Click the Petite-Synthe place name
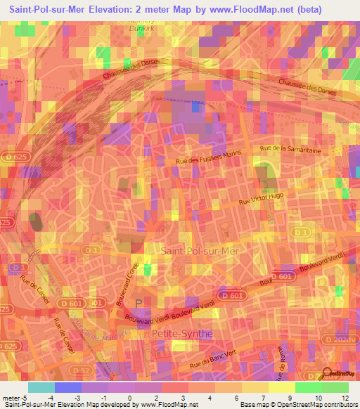click(x=181, y=334)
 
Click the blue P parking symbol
click(x=138, y=304)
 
